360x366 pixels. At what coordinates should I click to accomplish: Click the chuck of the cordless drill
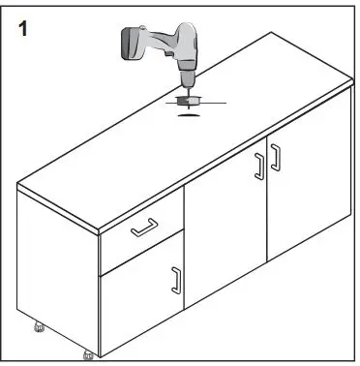pyautogui.click(x=186, y=76)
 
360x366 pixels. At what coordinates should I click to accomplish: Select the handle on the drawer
pyautogui.click(x=144, y=228)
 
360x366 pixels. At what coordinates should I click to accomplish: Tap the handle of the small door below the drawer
pyautogui.click(x=175, y=281)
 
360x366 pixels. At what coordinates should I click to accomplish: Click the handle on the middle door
pyautogui.click(x=258, y=166)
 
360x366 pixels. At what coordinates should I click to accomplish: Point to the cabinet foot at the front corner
pyautogui.click(x=89, y=353)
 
